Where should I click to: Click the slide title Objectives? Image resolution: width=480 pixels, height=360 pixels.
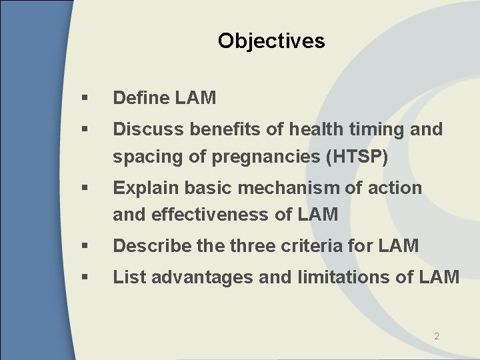click(271, 41)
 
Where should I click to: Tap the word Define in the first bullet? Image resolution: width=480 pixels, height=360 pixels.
click(140, 98)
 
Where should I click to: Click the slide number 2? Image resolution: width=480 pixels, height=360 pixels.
click(437, 337)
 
